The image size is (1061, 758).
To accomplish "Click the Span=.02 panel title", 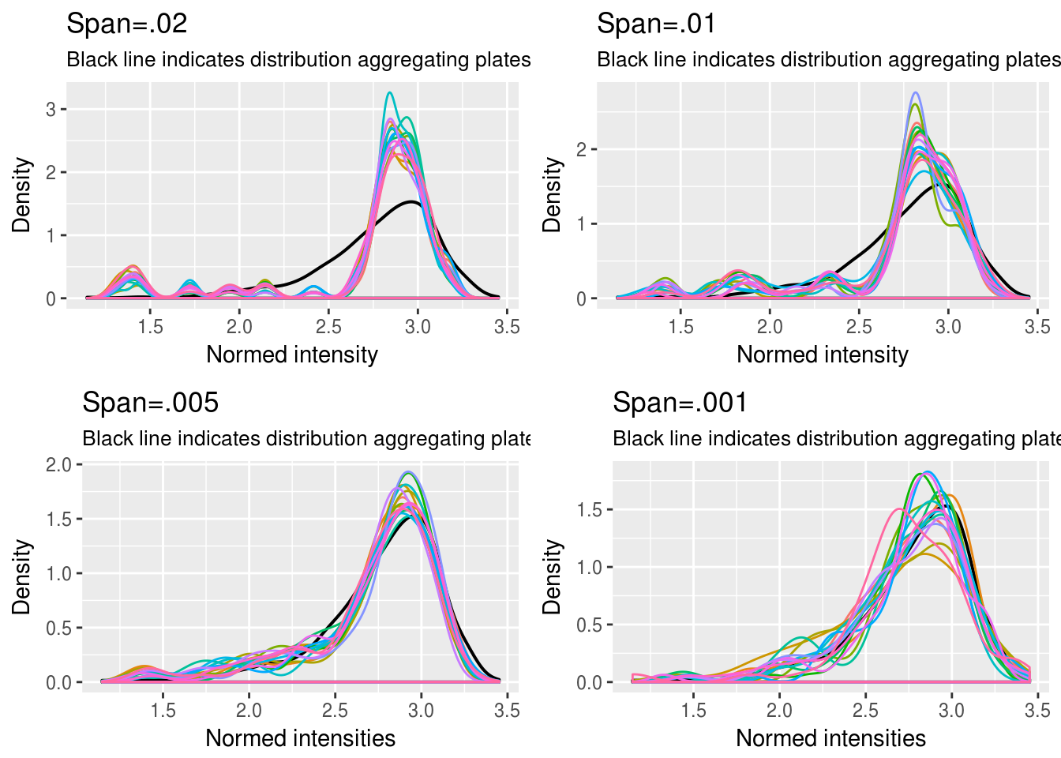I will [127, 24].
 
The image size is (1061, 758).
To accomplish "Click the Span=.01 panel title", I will [657, 24].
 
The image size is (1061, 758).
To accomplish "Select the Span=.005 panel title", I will [150, 403].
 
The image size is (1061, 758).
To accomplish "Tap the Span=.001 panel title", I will [680, 403].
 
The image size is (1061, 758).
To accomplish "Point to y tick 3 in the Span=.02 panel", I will [51, 109].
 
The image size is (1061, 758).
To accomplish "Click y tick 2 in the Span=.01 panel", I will [582, 149].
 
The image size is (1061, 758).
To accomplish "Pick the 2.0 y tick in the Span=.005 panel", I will [58, 464].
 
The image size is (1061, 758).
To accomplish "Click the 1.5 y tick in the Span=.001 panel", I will [590, 510].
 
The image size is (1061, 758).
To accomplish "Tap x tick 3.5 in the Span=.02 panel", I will [507, 327].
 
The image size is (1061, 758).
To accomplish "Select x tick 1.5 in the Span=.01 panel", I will [680, 327].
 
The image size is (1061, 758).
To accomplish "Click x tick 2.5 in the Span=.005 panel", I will [335, 711].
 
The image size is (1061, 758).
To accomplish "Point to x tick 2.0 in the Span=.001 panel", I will [779, 711].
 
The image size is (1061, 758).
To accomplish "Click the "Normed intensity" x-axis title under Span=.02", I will [292, 355].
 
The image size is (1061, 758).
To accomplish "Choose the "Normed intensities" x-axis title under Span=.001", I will [830, 738].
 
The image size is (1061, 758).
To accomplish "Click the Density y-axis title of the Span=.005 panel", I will [21, 576].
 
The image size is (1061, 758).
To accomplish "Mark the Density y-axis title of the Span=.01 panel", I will [552, 194].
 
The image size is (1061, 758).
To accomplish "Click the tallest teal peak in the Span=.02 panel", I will [389, 93].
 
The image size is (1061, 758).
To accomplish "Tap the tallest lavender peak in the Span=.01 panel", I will [916, 93].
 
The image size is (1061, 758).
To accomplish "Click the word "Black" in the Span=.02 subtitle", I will [87, 60].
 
